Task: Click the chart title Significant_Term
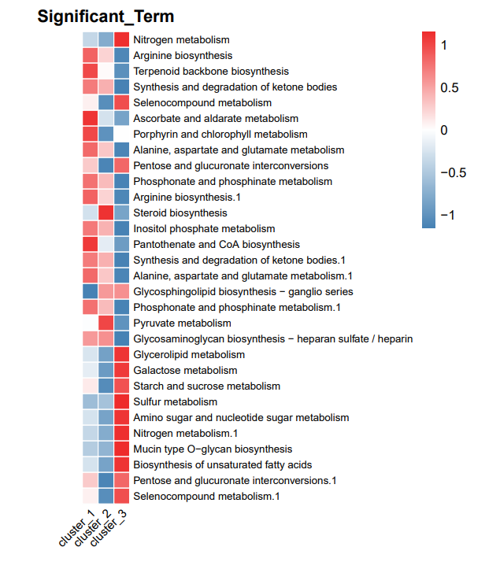coord(106,17)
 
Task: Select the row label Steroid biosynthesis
coord(180,213)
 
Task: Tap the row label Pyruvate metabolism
coord(182,324)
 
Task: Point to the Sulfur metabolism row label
coord(176,401)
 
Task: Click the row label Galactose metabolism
coord(185,370)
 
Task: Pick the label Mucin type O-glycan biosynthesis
coord(213,449)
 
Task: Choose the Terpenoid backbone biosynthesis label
coord(211,72)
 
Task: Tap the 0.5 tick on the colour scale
coord(450,88)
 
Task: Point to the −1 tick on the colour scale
coord(447,215)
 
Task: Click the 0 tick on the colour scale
coord(444,130)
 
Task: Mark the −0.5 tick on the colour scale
coord(454,172)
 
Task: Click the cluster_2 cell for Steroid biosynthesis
coord(106,213)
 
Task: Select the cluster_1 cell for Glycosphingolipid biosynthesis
coord(91,292)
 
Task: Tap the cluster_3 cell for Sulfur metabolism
coord(122,401)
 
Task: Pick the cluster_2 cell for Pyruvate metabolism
coord(106,324)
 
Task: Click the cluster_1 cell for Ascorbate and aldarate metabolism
coord(91,118)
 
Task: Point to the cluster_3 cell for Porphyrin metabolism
coord(122,134)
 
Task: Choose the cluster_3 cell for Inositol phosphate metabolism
coord(122,229)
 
